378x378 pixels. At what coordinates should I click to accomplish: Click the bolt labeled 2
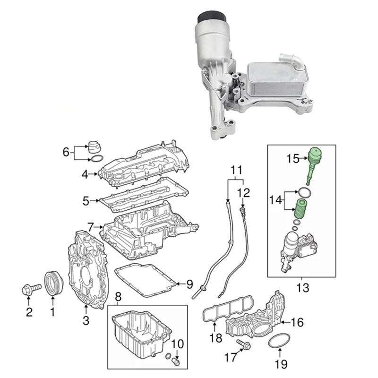[27, 290]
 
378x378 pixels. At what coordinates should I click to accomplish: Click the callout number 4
[85, 174]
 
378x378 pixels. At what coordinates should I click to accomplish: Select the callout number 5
[85, 201]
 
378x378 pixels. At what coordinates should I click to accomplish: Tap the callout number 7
[91, 227]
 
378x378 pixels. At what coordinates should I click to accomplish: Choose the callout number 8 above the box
[118, 297]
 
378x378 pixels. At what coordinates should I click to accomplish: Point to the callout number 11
[236, 169]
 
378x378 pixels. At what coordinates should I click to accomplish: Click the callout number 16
[297, 323]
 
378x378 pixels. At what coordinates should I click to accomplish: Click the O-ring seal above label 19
[279, 341]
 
